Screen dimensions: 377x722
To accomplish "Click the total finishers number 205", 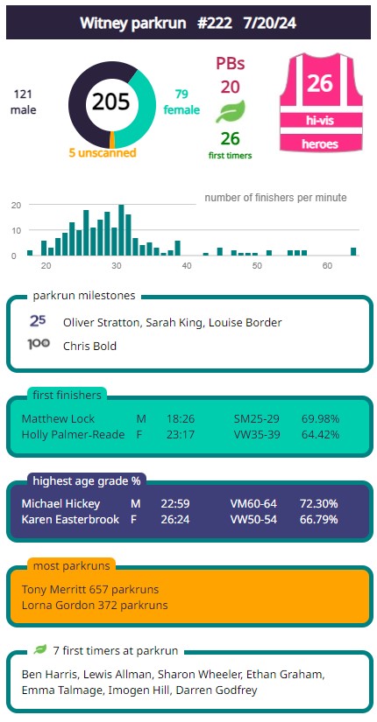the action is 111,102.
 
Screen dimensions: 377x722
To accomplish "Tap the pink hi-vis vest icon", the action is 321,102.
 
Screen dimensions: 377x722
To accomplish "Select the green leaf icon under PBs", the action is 231,112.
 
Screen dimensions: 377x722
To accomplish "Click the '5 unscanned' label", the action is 103,153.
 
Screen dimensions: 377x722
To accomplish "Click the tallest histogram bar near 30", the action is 121,230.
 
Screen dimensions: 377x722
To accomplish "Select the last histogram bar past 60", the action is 353,251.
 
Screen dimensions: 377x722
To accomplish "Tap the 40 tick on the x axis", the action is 187,266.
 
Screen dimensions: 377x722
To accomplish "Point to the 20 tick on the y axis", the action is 15,205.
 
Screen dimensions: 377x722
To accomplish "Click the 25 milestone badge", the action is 38,321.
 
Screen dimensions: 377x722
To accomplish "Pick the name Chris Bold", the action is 89,346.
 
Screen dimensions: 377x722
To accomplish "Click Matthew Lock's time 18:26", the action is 181,419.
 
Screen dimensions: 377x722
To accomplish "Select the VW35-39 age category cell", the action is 257,435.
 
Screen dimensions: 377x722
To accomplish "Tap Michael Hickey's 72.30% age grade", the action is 319,504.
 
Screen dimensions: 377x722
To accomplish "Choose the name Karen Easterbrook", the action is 71,519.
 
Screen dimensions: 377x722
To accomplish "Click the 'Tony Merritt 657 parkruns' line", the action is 90,589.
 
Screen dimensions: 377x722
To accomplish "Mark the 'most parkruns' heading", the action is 72,566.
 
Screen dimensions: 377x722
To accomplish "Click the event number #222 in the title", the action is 215,23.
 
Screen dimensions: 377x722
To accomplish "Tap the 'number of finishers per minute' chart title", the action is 275,198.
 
